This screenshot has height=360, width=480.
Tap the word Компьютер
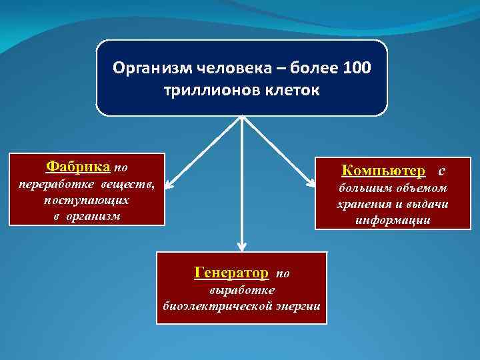tap(383, 171)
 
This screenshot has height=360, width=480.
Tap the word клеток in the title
tap(290, 89)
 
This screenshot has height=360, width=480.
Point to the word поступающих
tap(87, 200)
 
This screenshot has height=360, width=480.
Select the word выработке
tap(242, 290)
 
